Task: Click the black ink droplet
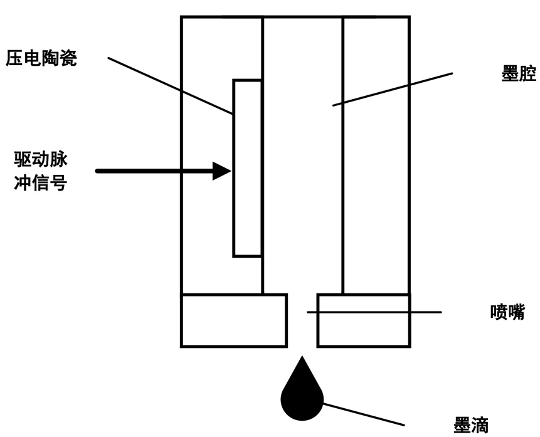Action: tap(302, 397)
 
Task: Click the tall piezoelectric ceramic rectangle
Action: tap(247, 168)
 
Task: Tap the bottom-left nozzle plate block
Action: tap(234, 320)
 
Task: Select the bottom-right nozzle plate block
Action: tap(364, 320)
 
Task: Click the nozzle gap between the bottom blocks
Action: tap(302, 320)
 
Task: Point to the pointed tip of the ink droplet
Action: tap(302, 359)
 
